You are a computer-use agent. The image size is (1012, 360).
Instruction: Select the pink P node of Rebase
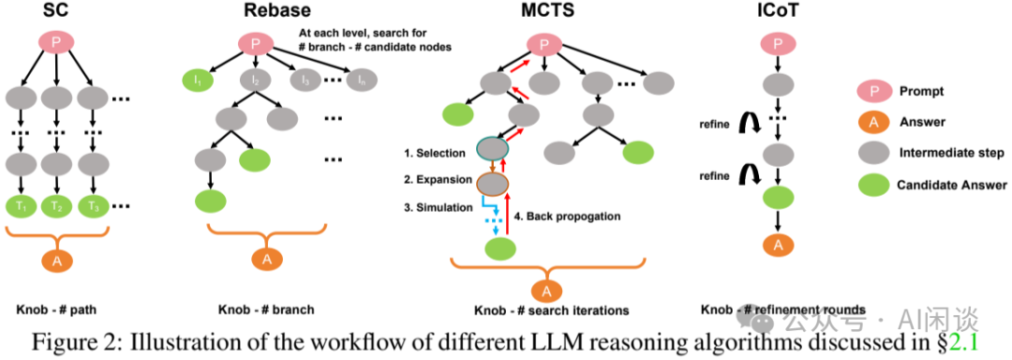[x=250, y=43]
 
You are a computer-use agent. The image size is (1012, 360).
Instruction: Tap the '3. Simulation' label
[x=439, y=207]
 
